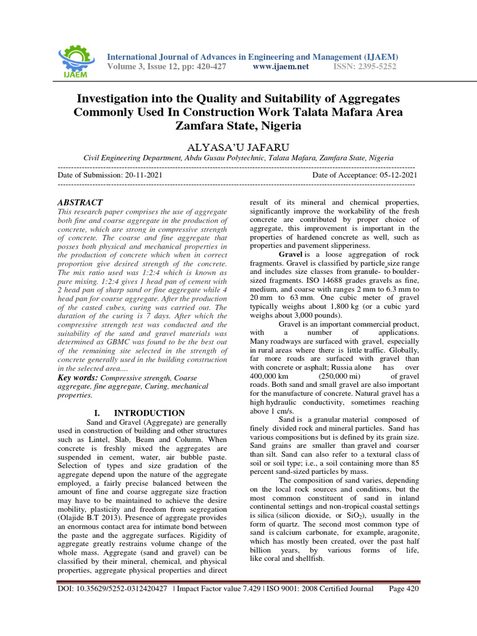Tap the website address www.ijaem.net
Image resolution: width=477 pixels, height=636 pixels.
(x=281, y=66)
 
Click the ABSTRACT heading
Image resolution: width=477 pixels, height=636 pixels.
(x=80, y=202)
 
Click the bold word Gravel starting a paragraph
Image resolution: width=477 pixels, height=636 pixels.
(x=290, y=255)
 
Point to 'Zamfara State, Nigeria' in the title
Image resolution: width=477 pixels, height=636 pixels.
(x=238, y=126)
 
